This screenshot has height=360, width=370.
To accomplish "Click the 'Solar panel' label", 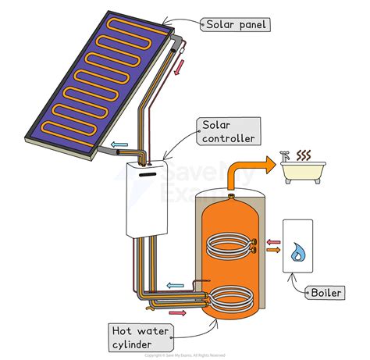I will [x=237, y=24].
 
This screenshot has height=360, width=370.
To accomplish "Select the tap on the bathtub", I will [x=286, y=156].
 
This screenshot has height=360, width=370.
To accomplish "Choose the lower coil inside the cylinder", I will [x=229, y=298].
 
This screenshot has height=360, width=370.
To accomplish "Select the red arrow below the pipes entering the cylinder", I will [x=178, y=312].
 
